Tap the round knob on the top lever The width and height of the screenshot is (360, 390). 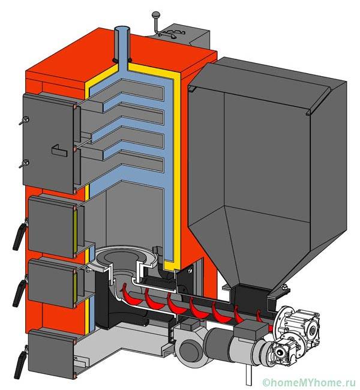(x=156, y=15)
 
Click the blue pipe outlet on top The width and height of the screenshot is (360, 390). (x=122, y=45)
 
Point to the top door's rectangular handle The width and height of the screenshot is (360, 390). (x=59, y=151)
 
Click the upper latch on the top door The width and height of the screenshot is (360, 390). (x=24, y=121)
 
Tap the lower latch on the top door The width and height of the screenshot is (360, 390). (x=24, y=164)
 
